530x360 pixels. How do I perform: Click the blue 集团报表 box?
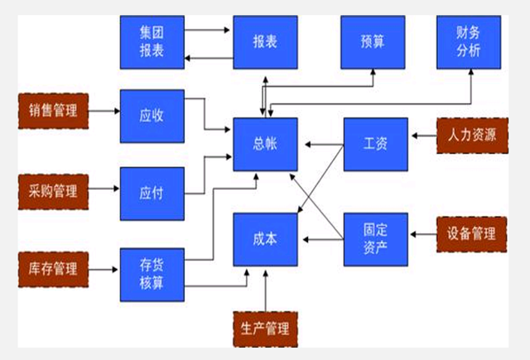point(151,42)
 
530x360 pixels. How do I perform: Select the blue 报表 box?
point(264,42)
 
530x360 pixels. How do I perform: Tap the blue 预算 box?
point(373,42)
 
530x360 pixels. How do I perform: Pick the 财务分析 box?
point(468,42)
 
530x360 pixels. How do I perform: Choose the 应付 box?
point(151,192)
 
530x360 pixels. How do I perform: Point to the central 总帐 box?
point(264,143)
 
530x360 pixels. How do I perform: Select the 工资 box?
point(375,143)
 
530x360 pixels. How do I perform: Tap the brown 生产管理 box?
point(265,329)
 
